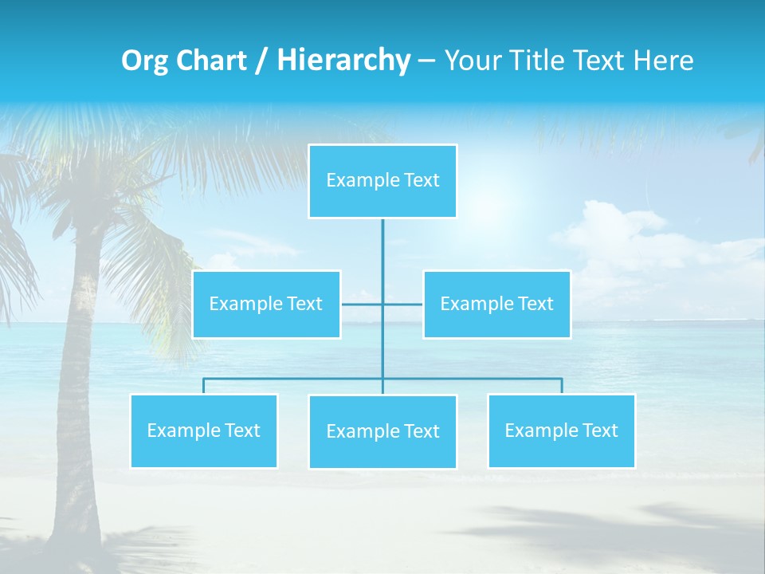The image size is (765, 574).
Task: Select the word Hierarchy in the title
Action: click(x=343, y=61)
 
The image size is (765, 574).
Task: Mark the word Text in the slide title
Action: click(x=607, y=61)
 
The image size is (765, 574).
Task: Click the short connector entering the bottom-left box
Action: click(x=203, y=386)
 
